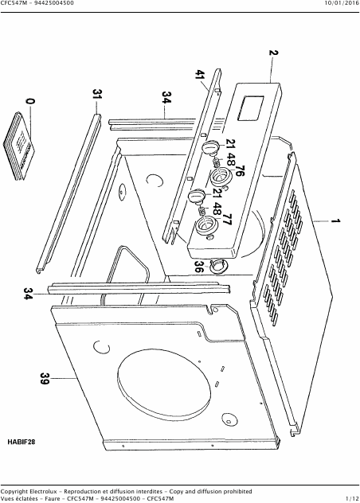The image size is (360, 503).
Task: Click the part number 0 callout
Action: [30, 101]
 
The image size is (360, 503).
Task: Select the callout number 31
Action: [97, 94]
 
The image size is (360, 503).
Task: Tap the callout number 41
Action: [200, 76]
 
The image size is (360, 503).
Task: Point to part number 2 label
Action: [274, 53]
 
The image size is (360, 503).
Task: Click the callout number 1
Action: [335, 221]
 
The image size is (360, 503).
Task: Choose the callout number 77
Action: [227, 220]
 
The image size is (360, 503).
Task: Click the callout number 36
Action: [199, 267]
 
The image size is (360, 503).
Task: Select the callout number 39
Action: [45, 379]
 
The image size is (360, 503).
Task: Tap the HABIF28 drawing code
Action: [22, 442]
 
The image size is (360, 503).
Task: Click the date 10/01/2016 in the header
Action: [342, 3]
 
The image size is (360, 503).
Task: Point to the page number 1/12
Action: [352, 498]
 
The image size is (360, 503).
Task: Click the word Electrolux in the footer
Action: [43, 491]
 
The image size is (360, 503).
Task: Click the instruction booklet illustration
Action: [19, 146]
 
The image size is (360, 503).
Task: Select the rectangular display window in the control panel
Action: [251, 109]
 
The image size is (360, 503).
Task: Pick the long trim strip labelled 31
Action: [68, 193]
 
